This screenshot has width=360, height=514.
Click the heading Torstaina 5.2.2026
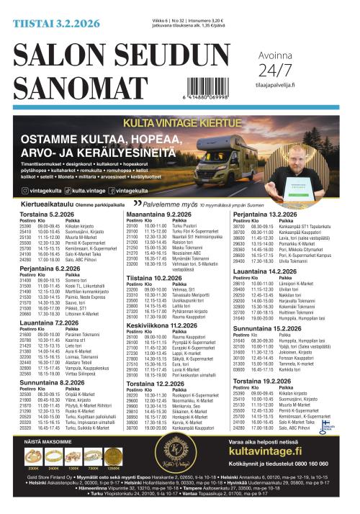coord(48,215)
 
